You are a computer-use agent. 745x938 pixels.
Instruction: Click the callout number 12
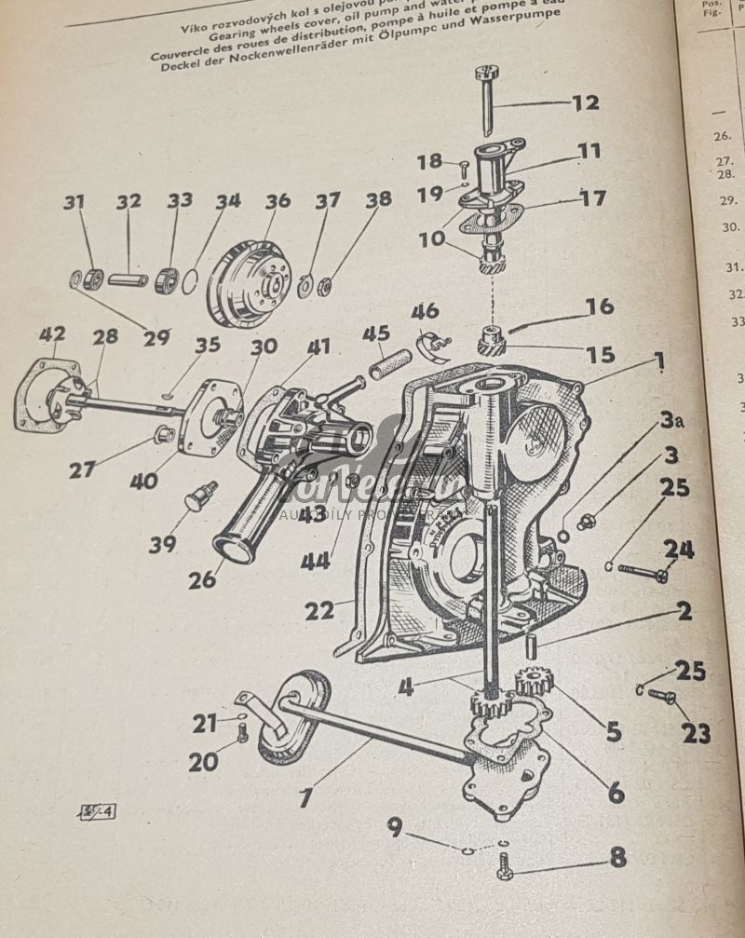coord(585,102)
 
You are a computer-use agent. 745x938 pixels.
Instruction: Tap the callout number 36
coord(278,200)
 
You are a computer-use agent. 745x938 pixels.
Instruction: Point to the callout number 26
coord(201,579)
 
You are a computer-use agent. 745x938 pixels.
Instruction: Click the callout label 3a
coord(672,421)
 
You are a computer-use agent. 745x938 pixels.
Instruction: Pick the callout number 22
coord(318,611)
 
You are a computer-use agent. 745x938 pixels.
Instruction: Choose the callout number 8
coord(617,857)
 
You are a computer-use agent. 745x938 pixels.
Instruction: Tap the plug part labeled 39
coord(199,496)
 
